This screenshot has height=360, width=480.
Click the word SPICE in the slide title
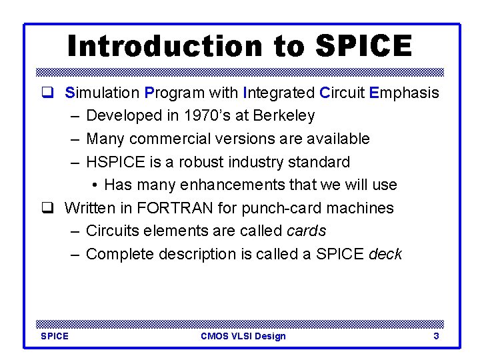[x=363, y=46]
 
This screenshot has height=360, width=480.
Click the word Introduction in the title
[x=159, y=46]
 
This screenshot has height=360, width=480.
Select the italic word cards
[x=306, y=231]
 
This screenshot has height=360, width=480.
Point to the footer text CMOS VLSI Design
[x=243, y=336]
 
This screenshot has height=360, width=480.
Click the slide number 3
[x=436, y=336]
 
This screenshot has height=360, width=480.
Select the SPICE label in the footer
[x=55, y=336]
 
